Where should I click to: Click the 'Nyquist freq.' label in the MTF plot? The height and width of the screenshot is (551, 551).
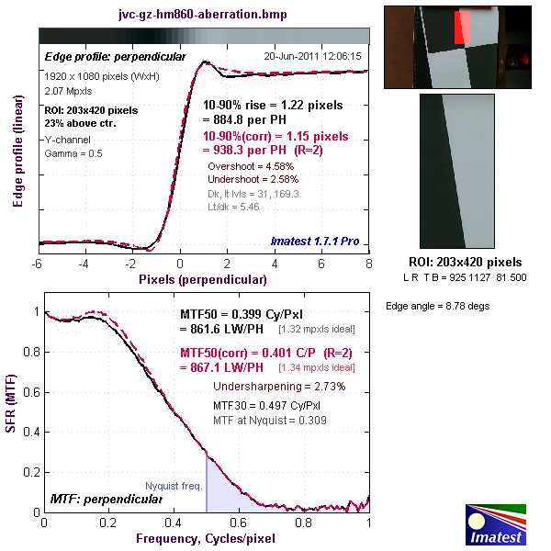point(174,486)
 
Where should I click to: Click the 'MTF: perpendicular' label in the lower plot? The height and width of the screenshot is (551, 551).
point(105,499)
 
